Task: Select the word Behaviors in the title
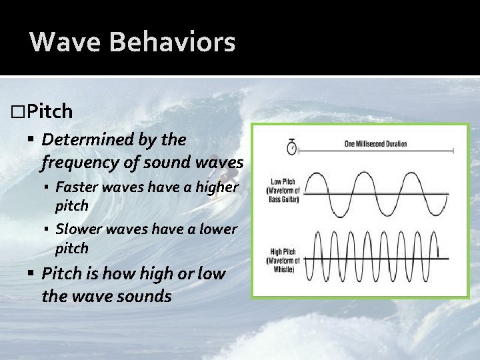pyautogui.click(x=172, y=42)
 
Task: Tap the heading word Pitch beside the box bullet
pyautogui.click(x=51, y=111)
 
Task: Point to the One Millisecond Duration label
pyautogui.click(x=375, y=143)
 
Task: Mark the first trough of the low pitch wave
pyautogui.click(x=342, y=217)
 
